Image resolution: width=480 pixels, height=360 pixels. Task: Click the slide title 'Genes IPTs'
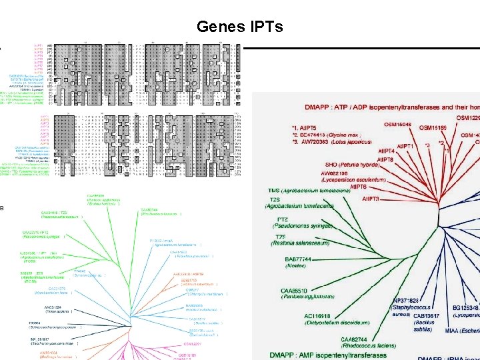[x=240, y=27]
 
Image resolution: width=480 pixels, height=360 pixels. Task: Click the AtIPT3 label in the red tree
[x=371, y=199]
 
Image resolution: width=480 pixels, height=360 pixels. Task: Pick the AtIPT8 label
[x=385, y=159]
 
